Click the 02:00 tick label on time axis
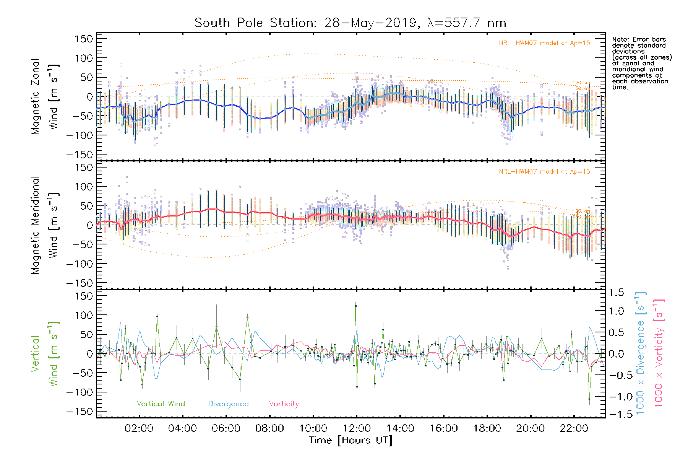point(139,428)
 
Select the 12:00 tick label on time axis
point(357,428)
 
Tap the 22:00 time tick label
point(574,428)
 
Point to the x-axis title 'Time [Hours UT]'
point(350,440)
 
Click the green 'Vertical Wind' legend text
point(161,404)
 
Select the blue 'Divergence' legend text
point(228,404)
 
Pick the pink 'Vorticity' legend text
point(284,404)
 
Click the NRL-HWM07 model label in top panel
point(544,43)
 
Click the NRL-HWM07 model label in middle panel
point(544,172)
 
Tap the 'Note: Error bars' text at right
point(639,40)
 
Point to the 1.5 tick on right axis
point(616,293)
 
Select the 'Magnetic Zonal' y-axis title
point(35,97)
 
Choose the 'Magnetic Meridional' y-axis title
point(35,225)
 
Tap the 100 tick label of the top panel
point(84,58)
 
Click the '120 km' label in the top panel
point(581,83)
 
